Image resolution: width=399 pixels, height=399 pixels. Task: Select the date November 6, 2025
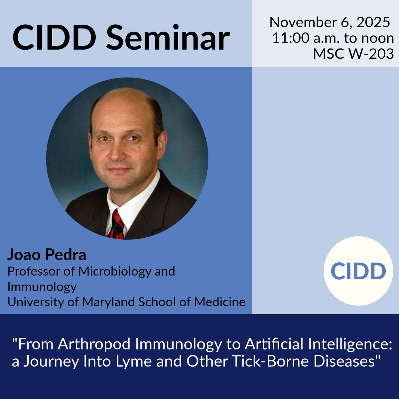pos(330,23)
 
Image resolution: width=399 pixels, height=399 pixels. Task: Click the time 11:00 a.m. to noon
pos(333,38)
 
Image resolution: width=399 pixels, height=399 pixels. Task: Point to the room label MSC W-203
pos(353,54)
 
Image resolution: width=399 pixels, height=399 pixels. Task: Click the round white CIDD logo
pos(358,271)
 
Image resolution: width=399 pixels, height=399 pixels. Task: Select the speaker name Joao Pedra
pos(47,255)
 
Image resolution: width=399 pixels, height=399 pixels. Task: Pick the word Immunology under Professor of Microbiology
pos(42,286)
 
